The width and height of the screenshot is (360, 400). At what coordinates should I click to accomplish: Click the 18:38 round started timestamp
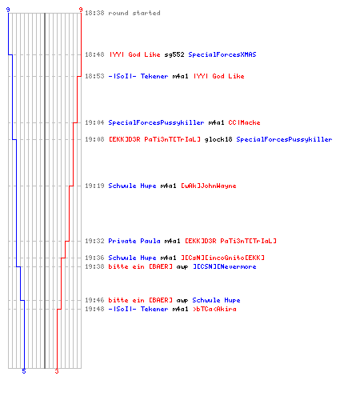94,13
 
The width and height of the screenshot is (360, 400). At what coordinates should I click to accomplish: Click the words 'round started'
134,13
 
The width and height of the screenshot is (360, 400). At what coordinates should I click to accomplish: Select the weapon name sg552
174,54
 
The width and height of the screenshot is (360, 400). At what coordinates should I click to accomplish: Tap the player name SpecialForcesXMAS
222,54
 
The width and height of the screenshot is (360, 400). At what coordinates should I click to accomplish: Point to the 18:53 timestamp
94,76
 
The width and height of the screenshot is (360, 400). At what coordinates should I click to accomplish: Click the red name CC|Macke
244,122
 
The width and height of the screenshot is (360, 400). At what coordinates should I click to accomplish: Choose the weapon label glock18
218,139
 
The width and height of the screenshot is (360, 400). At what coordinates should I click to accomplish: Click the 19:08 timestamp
94,139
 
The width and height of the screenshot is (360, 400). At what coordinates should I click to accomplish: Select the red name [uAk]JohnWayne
209,186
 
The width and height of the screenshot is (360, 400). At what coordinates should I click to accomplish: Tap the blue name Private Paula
134,241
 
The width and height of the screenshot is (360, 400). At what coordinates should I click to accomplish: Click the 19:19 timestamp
94,186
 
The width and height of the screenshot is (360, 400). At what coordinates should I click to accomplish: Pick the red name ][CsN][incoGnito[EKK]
222,258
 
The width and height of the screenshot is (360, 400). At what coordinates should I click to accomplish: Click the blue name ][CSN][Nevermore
225,266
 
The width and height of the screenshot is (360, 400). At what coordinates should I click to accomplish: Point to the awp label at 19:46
182,301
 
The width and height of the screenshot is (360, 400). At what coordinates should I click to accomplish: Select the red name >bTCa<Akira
214,309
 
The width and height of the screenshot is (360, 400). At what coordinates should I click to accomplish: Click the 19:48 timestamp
94,309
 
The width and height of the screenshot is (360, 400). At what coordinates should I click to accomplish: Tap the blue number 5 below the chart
24,371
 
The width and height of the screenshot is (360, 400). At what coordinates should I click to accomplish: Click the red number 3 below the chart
57,371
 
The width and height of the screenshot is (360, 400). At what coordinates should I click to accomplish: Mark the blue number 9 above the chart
8,10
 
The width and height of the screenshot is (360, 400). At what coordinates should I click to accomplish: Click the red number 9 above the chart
81,10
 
